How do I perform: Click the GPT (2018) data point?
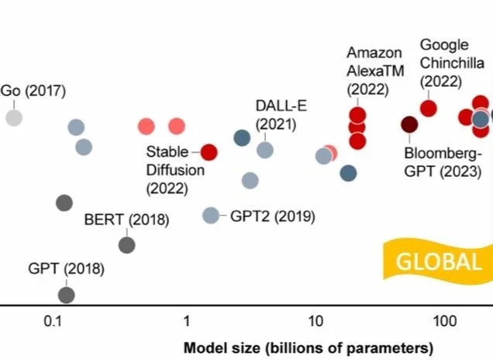[x=67, y=295]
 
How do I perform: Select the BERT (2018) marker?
[x=127, y=245]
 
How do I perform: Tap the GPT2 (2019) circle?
[x=211, y=216]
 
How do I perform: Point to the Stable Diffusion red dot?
[x=209, y=152]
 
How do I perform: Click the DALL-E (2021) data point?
[x=265, y=150]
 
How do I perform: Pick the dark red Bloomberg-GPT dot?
[x=409, y=125]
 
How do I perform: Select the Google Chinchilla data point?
[x=429, y=109]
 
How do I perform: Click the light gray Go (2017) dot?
[x=14, y=118]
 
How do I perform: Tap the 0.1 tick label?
[x=53, y=322]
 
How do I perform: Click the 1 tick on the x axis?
[x=187, y=322]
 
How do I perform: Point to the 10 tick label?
[x=315, y=322]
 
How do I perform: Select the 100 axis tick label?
[x=445, y=322]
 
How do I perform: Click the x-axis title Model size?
[x=309, y=348]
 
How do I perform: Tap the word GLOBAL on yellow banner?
[x=439, y=261]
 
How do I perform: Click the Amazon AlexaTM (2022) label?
[x=375, y=71]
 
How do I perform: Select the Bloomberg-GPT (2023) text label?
[x=443, y=162]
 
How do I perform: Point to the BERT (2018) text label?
[x=126, y=220]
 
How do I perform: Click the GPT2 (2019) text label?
[x=273, y=216]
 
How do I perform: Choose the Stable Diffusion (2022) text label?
[x=175, y=170]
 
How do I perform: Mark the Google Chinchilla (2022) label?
[x=452, y=64]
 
